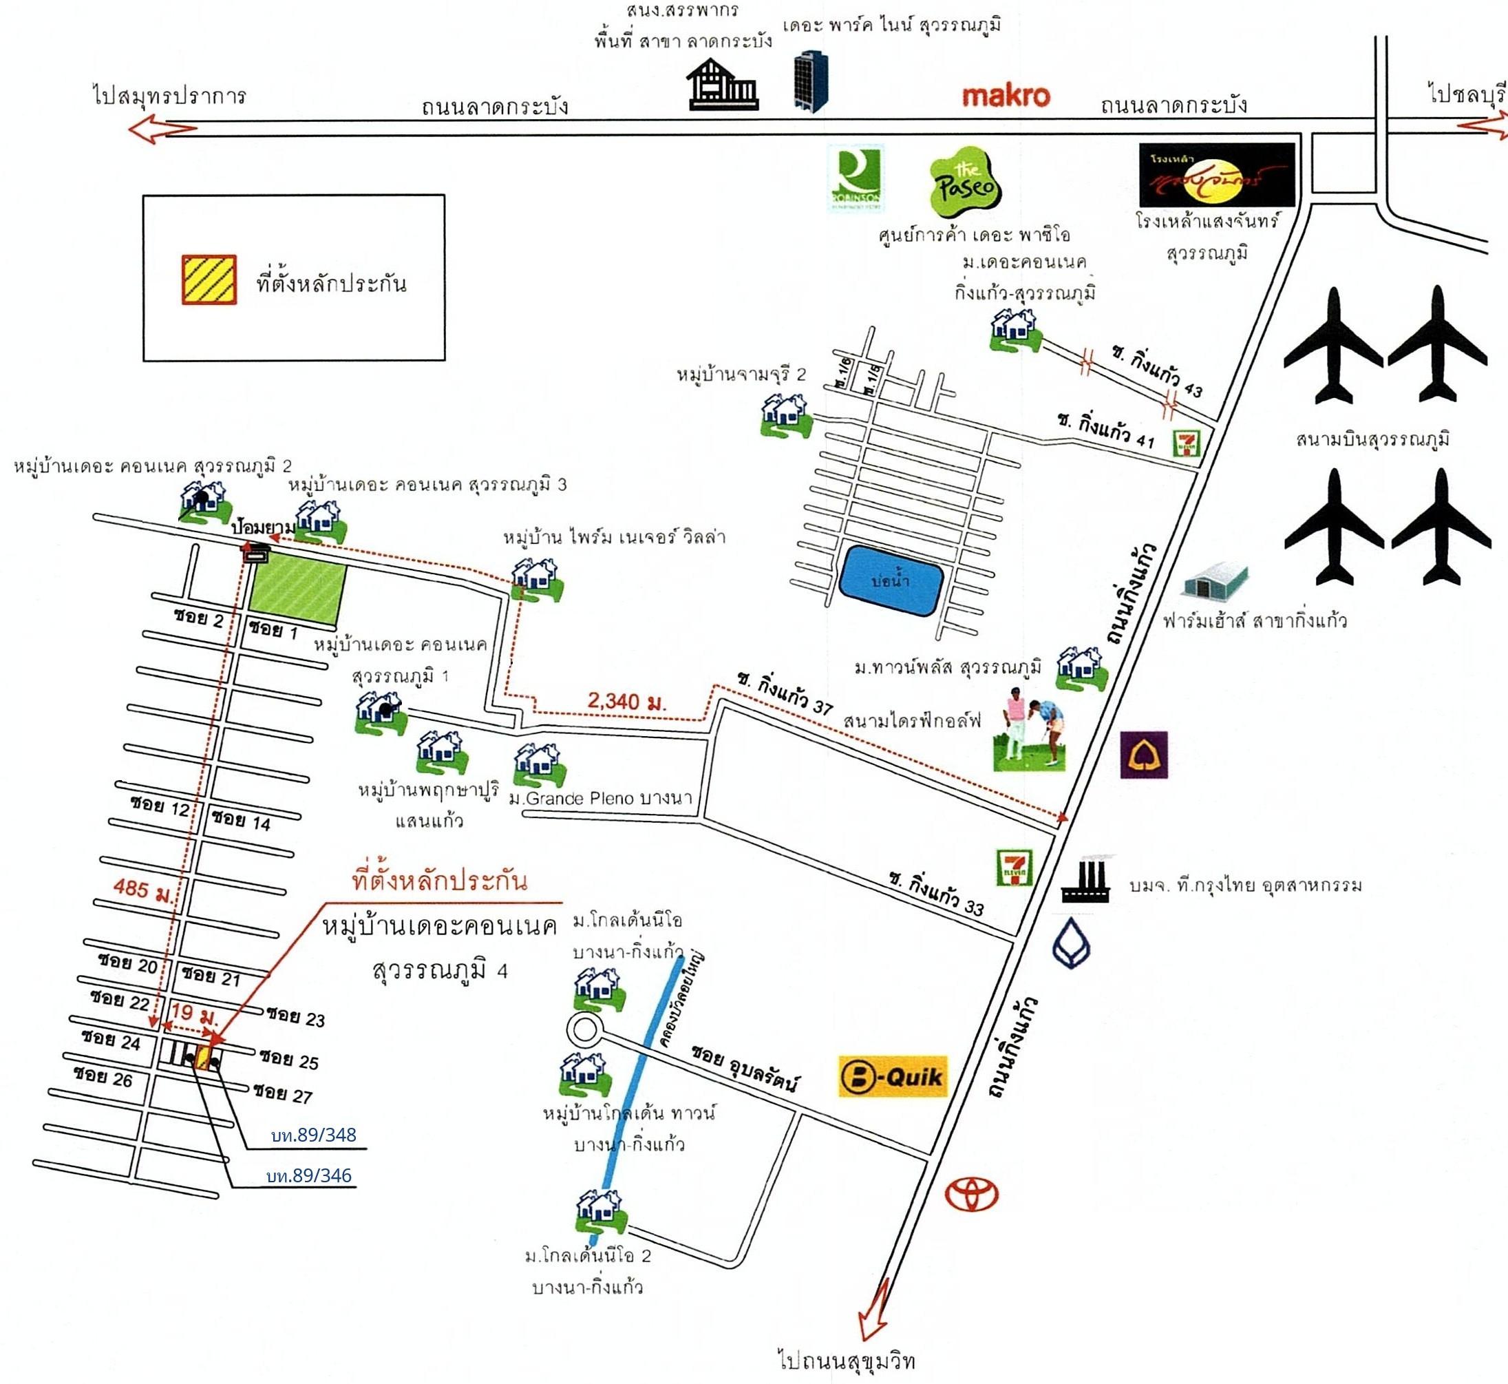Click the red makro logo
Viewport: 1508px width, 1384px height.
point(1005,96)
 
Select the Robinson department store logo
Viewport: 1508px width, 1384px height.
point(855,178)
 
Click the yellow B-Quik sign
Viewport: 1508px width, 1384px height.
point(893,1076)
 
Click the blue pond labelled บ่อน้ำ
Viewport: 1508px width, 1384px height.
point(890,580)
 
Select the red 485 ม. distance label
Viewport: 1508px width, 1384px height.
point(142,888)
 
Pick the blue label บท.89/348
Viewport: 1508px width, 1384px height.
point(314,1135)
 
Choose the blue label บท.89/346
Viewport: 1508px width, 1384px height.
point(309,1176)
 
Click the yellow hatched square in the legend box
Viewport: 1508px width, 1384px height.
point(209,280)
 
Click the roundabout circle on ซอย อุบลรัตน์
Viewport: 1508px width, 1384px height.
point(583,1030)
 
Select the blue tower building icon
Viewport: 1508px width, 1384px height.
point(811,81)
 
